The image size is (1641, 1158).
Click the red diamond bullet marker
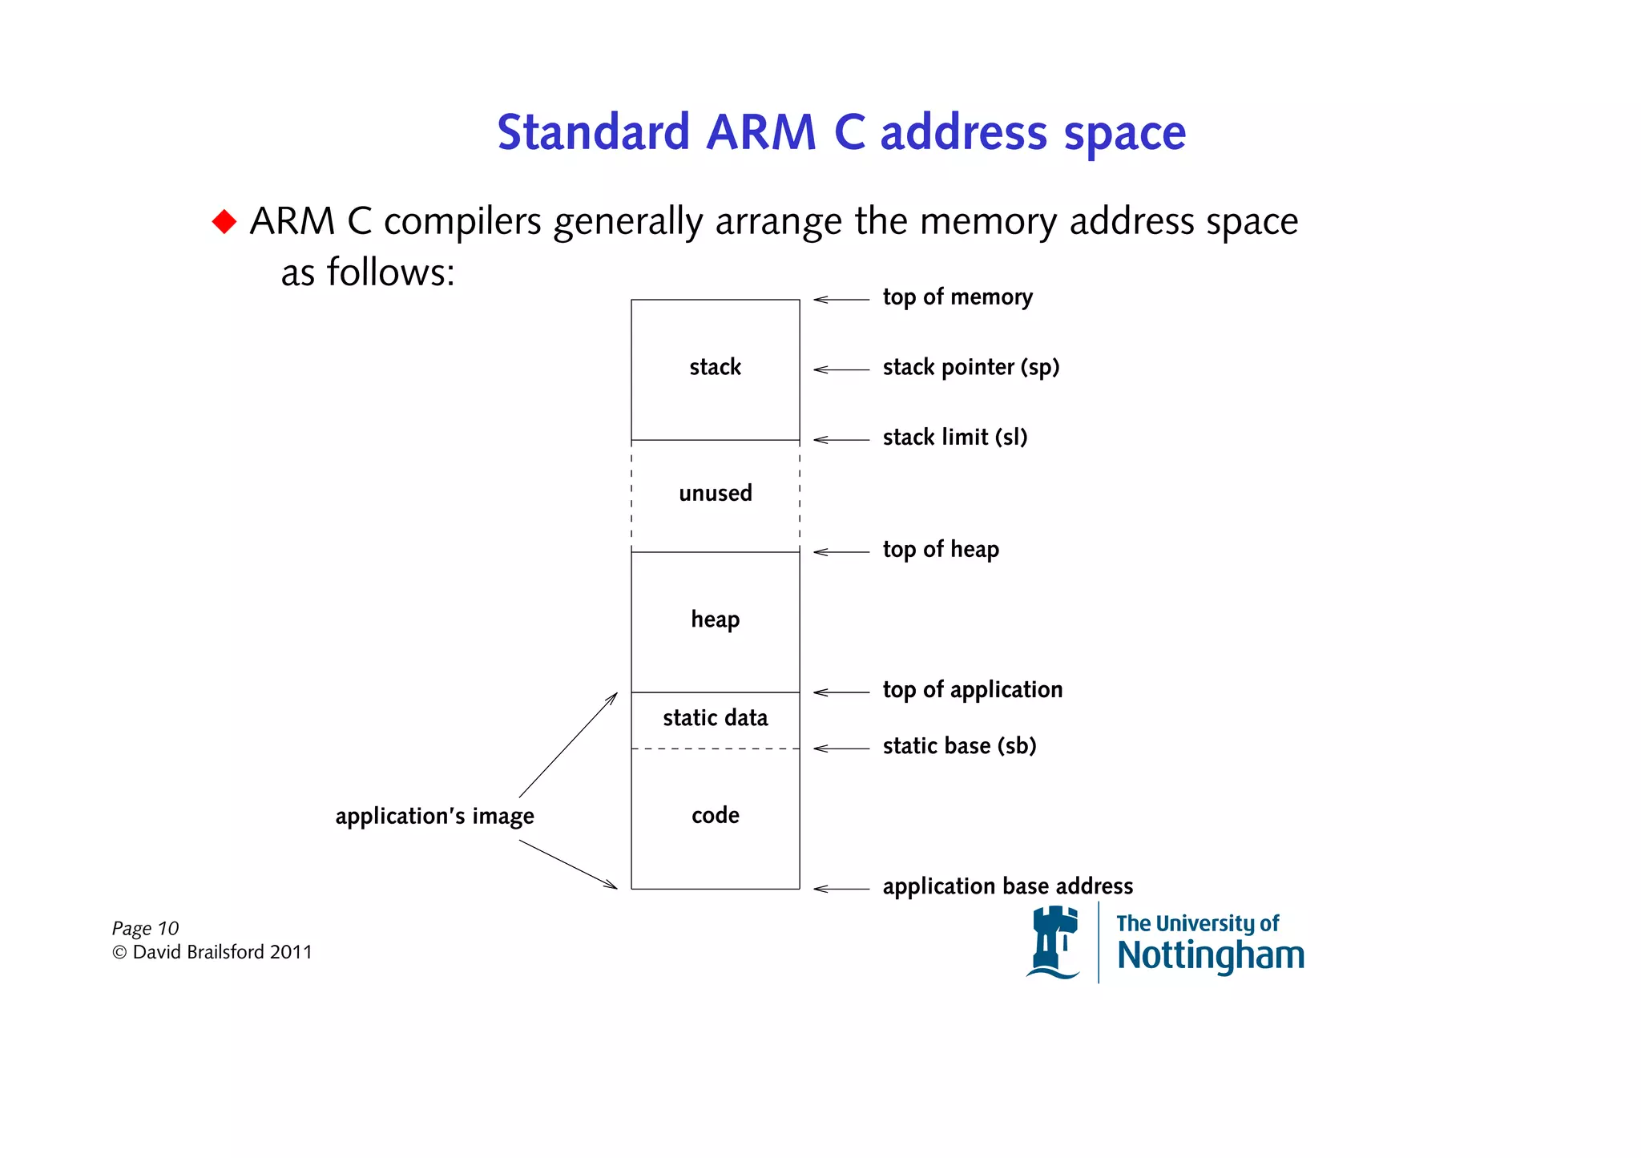click(224, 221)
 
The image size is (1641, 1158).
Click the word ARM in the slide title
click(760, 132)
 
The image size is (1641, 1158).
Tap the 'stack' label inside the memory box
click(715, 367)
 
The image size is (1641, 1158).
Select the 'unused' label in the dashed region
click(715, 493)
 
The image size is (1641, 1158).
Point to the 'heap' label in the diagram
click(715, 619)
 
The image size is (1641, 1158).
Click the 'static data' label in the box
click(715, 718)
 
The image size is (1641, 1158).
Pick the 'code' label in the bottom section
click(715, 815)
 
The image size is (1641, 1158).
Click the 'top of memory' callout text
click(957, 297)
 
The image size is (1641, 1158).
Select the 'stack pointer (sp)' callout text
click(970, 367)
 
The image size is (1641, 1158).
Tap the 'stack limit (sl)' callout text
click(954, 438)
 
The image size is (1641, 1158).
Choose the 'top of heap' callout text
click(941, 550)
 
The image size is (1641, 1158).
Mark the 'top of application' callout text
click(972, 690)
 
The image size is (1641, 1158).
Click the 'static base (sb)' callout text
click(959, 746)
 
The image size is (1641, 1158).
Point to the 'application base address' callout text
click(1007, 886)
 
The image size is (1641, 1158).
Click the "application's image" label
click(434, 816)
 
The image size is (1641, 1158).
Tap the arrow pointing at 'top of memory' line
click(841, 300)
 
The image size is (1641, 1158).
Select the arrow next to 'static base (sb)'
click(841, 748)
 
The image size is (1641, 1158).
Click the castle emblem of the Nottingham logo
click(1054, 942)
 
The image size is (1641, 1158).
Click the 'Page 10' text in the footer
click(145, 928)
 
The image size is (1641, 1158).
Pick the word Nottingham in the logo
click(1210, 956)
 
